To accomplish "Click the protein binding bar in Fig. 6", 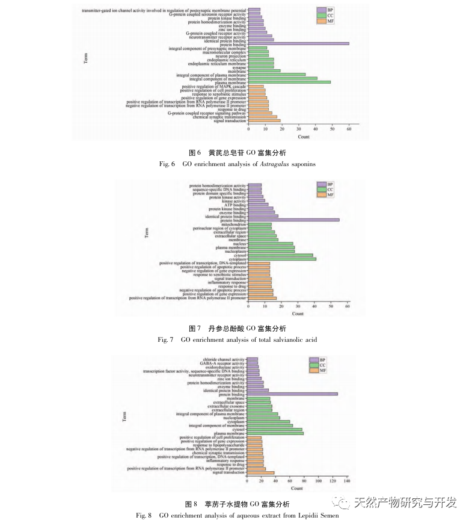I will point(298,43).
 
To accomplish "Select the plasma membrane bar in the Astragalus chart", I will point(289,82).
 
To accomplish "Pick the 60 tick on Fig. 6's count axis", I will point(349,129).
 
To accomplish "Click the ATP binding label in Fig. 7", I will point(237,205).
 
